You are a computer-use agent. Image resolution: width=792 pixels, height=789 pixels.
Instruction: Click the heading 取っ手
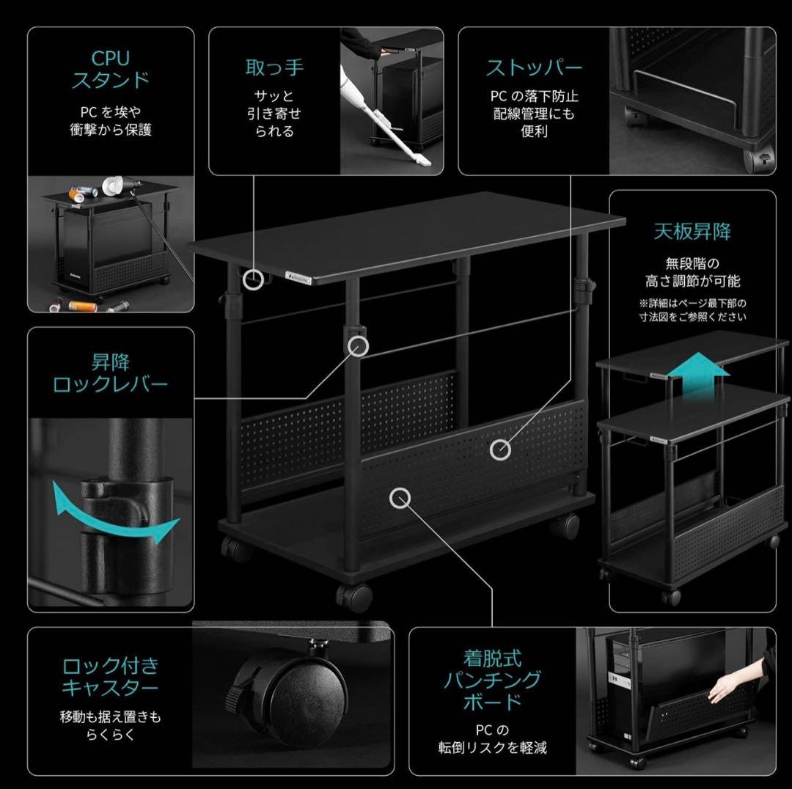click(274, 67)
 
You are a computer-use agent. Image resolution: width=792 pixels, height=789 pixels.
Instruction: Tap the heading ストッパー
click(533, 68)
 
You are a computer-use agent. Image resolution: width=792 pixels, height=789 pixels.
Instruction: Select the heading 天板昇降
click(692, 232)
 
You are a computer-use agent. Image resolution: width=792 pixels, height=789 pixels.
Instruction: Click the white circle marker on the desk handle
click(254, 279)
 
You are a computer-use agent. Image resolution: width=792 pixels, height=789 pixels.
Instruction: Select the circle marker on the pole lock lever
click(358, 346)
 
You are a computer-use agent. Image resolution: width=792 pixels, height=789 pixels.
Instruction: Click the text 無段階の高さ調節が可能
click(692, 271)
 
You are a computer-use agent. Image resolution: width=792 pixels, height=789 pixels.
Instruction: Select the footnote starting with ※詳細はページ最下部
click(692, 309)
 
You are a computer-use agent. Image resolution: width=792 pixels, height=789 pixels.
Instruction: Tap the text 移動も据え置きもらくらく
click(110, 724)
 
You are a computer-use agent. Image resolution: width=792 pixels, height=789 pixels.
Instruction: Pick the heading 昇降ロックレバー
click(110, 373)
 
